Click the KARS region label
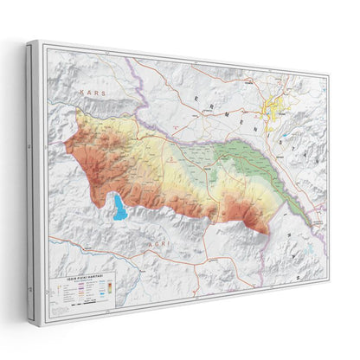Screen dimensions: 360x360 88,91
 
